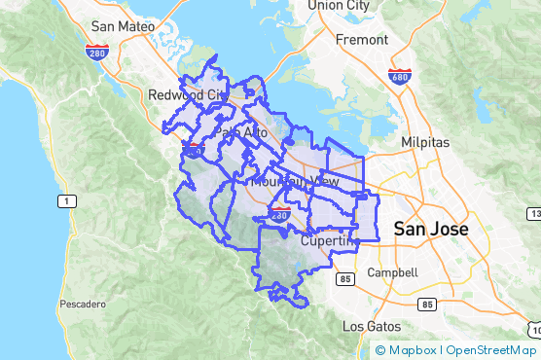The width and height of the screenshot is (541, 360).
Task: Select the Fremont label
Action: [x=361, y=41]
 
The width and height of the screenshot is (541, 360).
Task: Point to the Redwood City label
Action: [x=185, y=95]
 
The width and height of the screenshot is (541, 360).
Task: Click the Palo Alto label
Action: [x=241, y=131]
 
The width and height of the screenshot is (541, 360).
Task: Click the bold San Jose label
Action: [x=431, y=230]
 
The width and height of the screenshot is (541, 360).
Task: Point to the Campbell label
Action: [x=393, y=273]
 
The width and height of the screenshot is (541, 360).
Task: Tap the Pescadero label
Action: [x=82, y=305]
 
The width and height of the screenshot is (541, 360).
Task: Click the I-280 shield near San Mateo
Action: [x=96, y=53]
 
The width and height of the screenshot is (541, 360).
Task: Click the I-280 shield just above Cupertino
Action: [x=281, y=212]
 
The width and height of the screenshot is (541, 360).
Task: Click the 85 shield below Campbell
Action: [x=426, y=304]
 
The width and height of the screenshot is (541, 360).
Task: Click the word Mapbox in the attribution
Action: [x=413, y=350]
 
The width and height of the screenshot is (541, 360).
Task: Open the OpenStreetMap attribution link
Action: [x=491, y=350]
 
